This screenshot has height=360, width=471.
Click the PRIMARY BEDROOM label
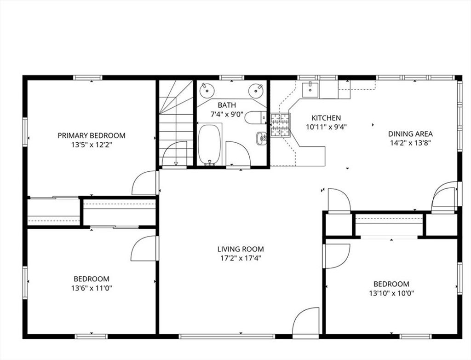pos(92,135)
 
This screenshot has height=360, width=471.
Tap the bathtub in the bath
pos(209,145)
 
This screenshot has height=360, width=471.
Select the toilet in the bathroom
pos(255,117)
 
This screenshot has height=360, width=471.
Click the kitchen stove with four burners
pos(281,125)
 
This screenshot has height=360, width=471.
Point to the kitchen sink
pos(310,90)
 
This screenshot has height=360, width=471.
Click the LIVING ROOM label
pos(241,249)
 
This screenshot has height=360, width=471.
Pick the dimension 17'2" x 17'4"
pos(240,258)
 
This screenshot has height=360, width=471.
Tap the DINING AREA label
pos(410,134)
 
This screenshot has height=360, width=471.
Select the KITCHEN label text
pos(326,117)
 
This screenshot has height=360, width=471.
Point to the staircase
pos(176,123)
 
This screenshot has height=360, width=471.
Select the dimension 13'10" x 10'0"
pos(391,293)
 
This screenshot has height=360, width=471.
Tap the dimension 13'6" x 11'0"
pos(92,288)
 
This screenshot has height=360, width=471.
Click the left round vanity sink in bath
pos(207,90)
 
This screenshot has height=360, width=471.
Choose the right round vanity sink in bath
pos(256,90)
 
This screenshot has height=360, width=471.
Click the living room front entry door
pos(305,321)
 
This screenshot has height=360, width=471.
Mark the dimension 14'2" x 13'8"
pos(411,143)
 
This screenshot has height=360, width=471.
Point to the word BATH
pos(227,105)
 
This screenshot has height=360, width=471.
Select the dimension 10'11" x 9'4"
pos(326,127)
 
